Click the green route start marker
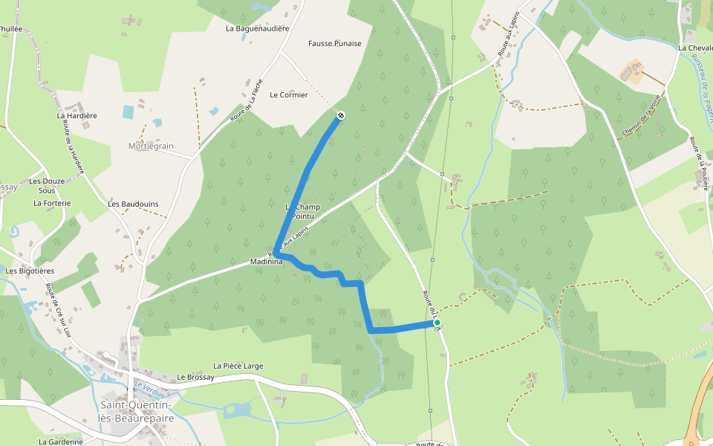(437, 323)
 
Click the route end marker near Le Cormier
(340, 115)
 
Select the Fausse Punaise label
(335, 43)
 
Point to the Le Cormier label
(288, 94)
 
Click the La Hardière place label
(77, 115)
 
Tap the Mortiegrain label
(151, 146)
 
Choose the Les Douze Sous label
(47, 185)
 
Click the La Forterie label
(52, 202)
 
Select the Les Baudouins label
(133, 204)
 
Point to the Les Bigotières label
(32, 271)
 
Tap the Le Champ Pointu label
(302, 210)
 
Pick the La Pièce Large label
(238, 366)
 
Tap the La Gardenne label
(61, 441)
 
